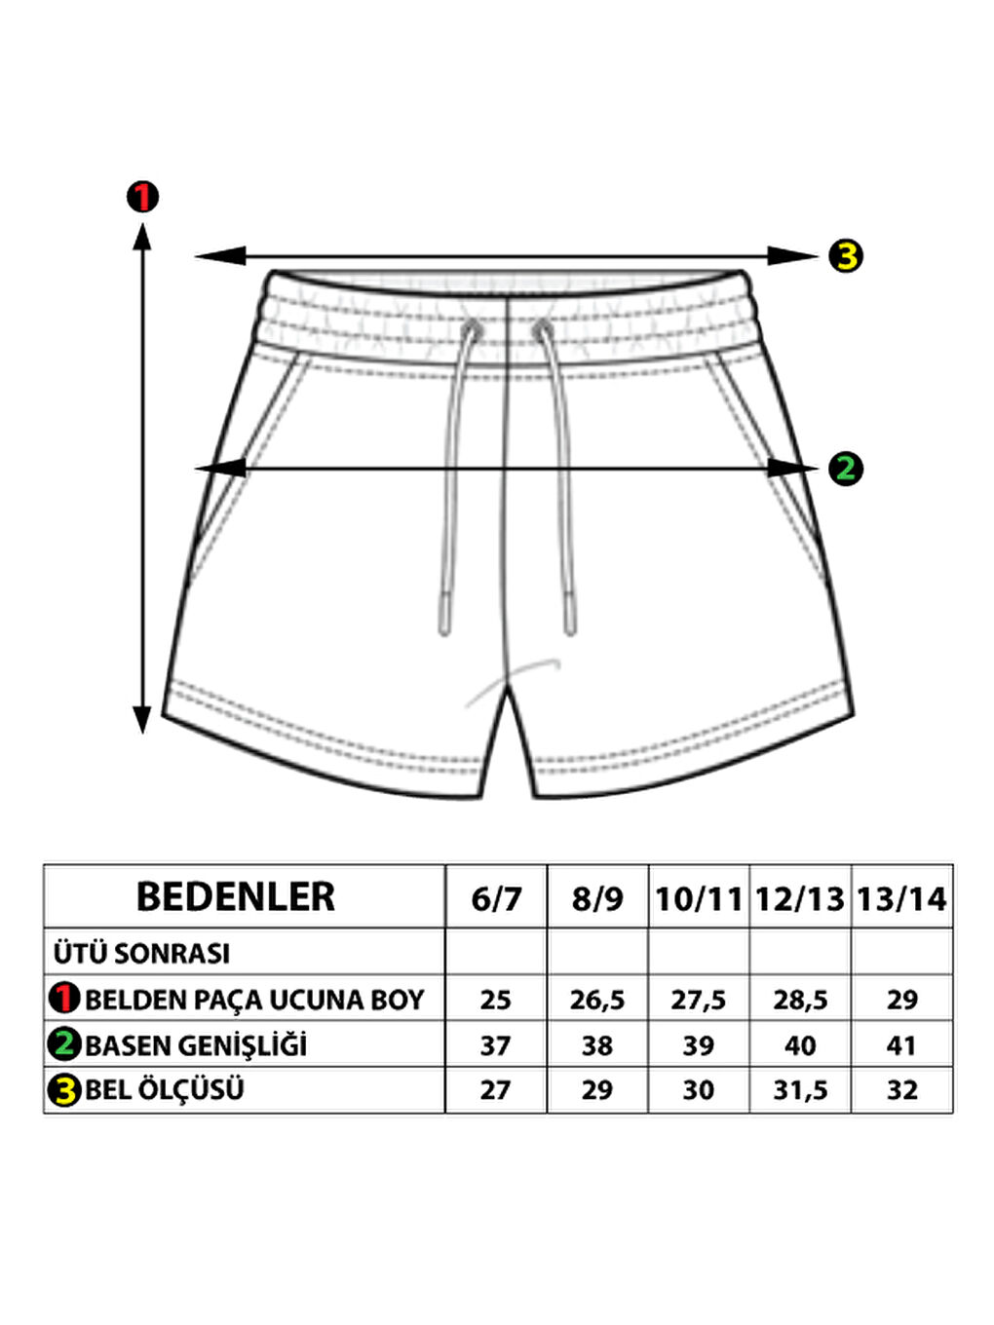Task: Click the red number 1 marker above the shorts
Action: (x=142, y=197)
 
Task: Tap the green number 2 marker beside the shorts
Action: (x=845, y=469)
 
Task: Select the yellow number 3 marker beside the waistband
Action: (x=845, y=256)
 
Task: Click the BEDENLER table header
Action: (x=236, y=897)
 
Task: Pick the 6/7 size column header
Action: (x=496, y=898)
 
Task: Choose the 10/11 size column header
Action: (x=699, y=898)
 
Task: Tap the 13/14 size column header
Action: (x=901, y=898)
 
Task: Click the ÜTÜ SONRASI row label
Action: (x=142, y=953)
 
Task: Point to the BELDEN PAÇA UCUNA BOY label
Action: (x=254, y=1000)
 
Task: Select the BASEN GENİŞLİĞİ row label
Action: (x=196, y=1045)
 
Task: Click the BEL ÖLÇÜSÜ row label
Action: (x=164, y=1089)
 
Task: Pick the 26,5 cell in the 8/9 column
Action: (x=597, y=1000)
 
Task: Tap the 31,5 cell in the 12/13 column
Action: (x=800, y=1090)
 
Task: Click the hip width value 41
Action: (x=901, y=1045)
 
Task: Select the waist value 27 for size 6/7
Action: (x=495, y=1090)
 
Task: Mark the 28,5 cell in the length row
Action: (x=800, y=1000)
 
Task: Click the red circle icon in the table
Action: (x=64, y=999)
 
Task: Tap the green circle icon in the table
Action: (x=64, y=1044)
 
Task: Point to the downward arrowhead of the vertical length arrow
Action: (x=142, y=720)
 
